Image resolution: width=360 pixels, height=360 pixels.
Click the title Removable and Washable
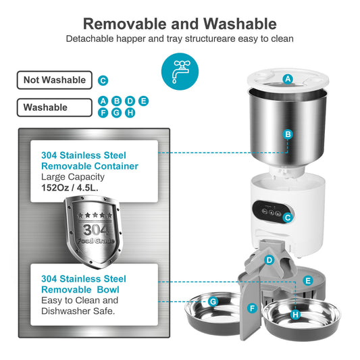(x=180, y=24)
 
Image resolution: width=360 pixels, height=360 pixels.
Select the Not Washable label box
(x=54, y=80)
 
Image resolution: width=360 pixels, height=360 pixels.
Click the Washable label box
(x=54, y=107)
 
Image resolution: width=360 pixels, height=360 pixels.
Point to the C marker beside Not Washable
(x=103, y=80)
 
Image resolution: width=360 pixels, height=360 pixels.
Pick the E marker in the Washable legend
(x=143, y=101)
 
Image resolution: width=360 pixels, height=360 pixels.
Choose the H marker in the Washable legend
(x=130, y=112)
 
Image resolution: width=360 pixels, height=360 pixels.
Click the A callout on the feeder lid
(x=288, y=79)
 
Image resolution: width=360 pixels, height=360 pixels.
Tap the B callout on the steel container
(x=288, y=134)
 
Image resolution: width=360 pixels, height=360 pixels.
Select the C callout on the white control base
(x=288, y=217)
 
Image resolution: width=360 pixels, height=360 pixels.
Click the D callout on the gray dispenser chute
(x=269, y=259)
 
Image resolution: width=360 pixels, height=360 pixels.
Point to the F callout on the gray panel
(x=252, y=308)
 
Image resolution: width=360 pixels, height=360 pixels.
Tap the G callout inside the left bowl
(x=213, y=301)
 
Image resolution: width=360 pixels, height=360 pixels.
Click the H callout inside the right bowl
(x=295, y=315)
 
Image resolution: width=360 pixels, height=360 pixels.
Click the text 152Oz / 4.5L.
(x=70, y=188)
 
